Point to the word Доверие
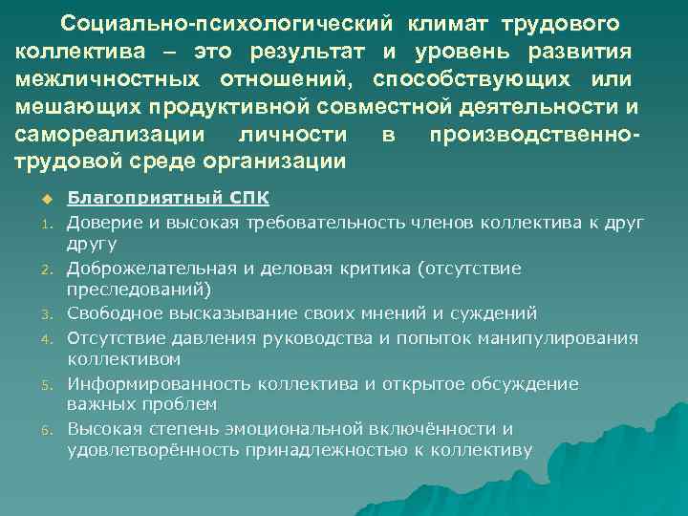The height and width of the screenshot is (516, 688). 101,222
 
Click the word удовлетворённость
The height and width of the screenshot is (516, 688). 154,450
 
